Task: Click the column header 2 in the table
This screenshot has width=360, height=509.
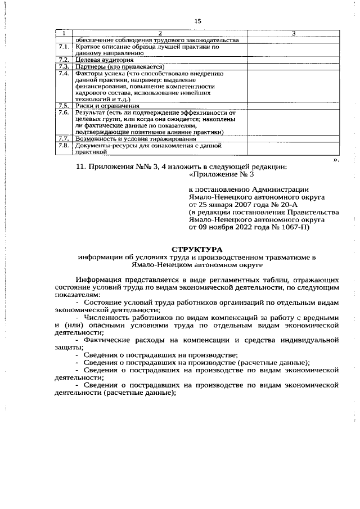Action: (160, 33)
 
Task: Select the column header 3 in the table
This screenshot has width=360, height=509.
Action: (293, 33)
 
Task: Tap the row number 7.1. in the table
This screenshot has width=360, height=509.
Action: (64, 47)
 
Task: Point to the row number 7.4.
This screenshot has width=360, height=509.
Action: (64, 74)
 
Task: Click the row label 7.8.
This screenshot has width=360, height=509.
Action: (64, 145)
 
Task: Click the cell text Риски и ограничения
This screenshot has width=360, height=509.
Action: (107, 106)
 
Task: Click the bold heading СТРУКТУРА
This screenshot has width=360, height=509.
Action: (197, 249)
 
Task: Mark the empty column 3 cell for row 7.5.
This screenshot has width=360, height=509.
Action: (293, 106)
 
